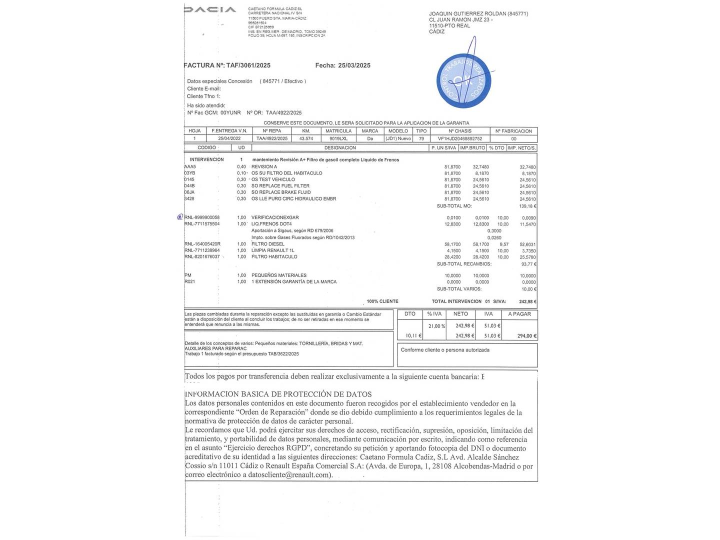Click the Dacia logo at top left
[x=210, y=9]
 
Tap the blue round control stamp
[x=462, y=81]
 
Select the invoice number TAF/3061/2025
[x=248, y=65]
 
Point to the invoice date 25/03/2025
[x=354, y=65]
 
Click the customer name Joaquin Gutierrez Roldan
[x=467, y=14]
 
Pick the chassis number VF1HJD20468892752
[x=460, y=138]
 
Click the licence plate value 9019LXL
[x=338, y=138]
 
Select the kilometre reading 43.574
[x=306, y=138]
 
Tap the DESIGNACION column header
[x=340, y=148]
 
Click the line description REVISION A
[x=264, y=167]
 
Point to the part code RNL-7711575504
[x=202, y=224]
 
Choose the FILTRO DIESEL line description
[x=267, y=244]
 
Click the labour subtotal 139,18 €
[x=527, y=206]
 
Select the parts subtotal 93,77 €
[x=528, y=264]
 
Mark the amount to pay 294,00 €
[x=527, y=336]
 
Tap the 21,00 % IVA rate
[x=436, y=326]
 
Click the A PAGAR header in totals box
[x=519, y=314]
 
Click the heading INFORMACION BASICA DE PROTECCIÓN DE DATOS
[x=278, y=394]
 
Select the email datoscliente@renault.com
[x=286, y=475]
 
